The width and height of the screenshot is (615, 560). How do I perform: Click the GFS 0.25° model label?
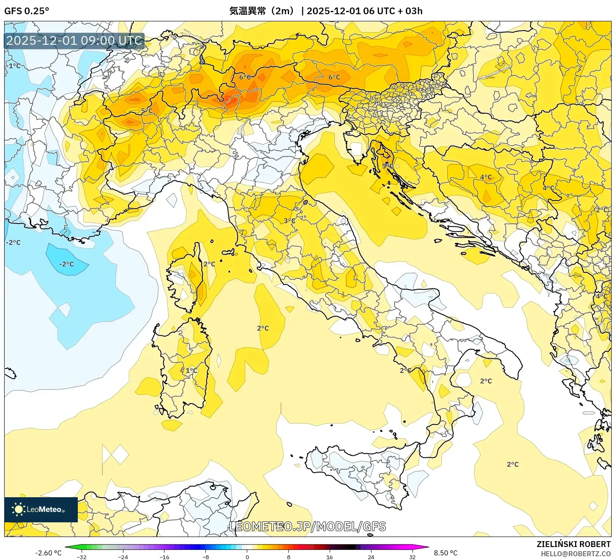26,11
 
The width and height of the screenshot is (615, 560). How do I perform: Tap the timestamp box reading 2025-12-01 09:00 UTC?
74,41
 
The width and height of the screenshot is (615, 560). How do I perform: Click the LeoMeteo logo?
41,509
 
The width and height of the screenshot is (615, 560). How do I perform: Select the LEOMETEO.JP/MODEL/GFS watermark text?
308,527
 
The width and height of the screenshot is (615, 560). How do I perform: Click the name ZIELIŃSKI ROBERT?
574,544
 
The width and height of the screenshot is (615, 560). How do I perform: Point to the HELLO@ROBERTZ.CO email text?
576,554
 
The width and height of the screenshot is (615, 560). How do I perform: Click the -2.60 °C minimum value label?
48,553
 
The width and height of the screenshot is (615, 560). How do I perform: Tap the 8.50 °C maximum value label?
446,553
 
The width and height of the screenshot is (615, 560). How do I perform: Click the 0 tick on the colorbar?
247,557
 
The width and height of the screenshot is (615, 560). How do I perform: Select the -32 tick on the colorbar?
82,557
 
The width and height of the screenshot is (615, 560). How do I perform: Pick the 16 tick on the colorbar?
330,557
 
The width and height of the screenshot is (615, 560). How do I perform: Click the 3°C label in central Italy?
290,221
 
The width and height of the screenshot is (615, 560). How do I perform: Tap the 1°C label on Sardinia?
192,370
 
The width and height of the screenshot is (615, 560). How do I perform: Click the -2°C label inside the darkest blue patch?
67,264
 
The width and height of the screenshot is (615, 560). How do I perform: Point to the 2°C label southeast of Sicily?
512,464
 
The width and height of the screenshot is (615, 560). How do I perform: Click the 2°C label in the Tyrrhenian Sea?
263,328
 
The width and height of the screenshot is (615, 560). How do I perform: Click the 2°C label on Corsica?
209,264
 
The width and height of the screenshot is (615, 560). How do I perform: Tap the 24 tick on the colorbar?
371,557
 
